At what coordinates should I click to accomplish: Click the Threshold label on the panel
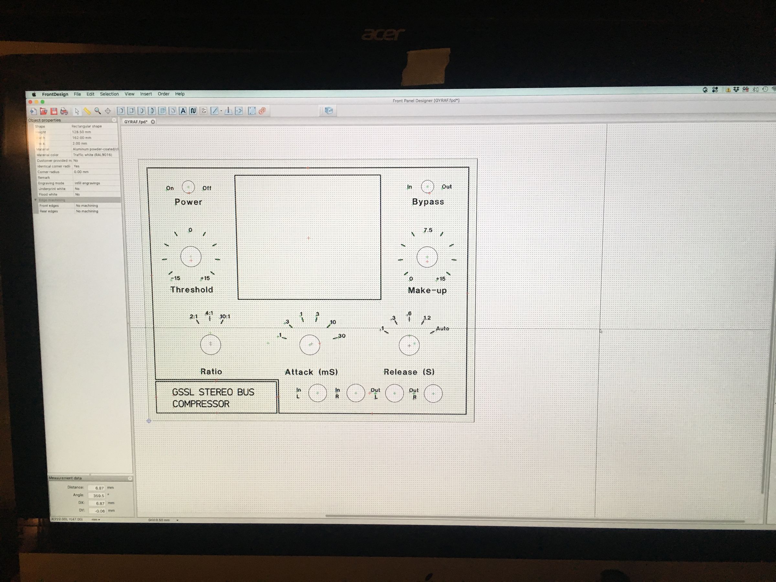[x=191, y=289]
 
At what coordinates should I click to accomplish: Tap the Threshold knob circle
[x=191, y=257]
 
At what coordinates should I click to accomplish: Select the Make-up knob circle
[x=427, y=257]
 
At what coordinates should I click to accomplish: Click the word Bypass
[x=428, y=202]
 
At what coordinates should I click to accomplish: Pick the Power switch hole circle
[x=189, y=187]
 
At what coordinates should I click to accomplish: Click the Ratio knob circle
[x=210, y=344]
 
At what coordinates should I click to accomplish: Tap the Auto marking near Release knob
[x=442, y=329]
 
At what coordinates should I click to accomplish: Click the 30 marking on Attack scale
[x=342, y=336]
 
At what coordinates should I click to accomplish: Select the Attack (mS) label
[x=311, y=372]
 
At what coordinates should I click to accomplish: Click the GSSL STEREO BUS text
[x=213, y=392]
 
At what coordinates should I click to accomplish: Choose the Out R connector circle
[x=433, y=393]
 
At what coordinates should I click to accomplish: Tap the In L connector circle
[x=318, y=393]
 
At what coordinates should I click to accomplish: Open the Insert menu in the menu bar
[x=146, y=94]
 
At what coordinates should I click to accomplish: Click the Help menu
[x=180, y=94]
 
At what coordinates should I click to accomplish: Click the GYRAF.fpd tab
[x=136, y=122]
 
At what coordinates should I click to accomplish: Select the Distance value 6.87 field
[x=96, y=488]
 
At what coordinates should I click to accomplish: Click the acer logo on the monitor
[x=383, y=34]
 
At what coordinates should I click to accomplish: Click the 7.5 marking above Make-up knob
[x=428, y=230]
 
